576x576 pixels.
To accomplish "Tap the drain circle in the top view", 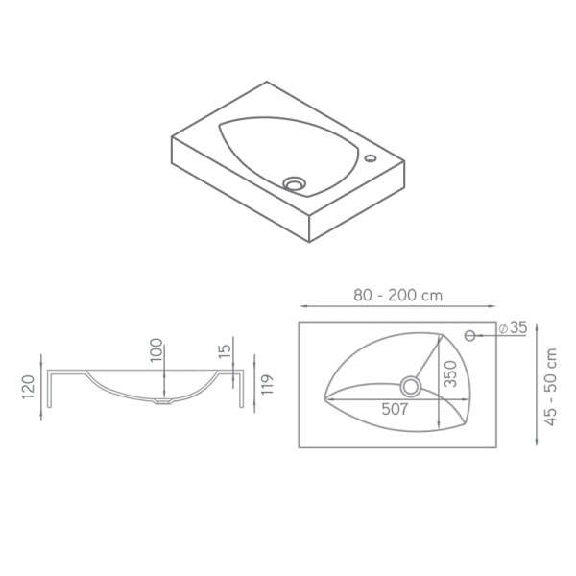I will point(413,386).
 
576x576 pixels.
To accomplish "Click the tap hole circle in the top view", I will point(472,335).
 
